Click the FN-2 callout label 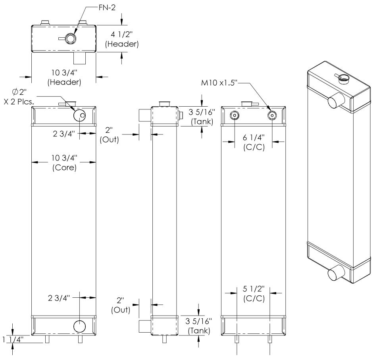pyautogui.click(x=107, y=8)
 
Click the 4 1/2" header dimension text pyautogui.click(x=122, y=39)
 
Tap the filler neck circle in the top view pyautogui.click(x=71, y=38)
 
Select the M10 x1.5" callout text pyautogui.click(x=219, y=83)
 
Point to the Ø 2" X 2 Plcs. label pyautogui.click(x=19, y=97)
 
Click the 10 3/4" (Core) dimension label pyautogui.click(x=64, y=163)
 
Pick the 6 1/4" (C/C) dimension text pyautogui.click(x=254, y=142)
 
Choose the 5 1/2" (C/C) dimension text pyautogui.click(x=254, y=293)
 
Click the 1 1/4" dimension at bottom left pyautogui.click(x=13, y=340)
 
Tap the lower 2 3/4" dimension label pyautogui.click(x=59, y=298)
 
